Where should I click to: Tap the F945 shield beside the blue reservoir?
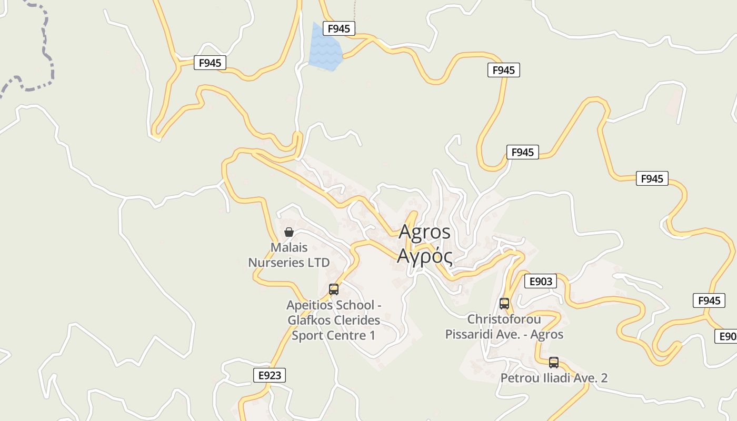[338, 28]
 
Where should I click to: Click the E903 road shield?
[540, 282]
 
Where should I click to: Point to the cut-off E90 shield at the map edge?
[726, 336]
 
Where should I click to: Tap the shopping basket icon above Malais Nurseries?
[288, 232]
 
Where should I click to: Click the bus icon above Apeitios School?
[334, 289]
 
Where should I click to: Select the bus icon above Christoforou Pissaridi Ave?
[504, 303]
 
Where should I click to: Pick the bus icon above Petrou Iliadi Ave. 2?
[553, 362]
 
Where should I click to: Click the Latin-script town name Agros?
[424, 232]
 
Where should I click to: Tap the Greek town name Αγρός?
[424, 256]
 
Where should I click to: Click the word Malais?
[289, 247]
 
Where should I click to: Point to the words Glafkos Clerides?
[334, 320]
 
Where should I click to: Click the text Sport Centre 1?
[334, 335]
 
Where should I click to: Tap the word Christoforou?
[504, 319]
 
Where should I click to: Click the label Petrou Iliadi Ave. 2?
[554, 378]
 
